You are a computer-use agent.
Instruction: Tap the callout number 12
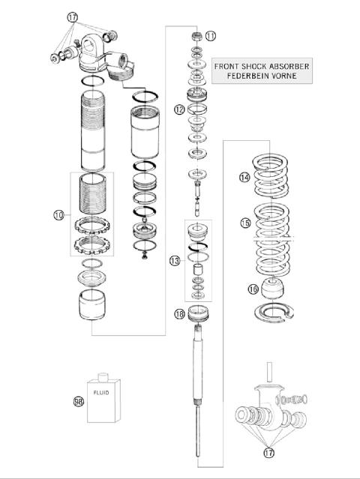(x=179, y=109)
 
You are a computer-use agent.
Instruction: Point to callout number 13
(x=175, y=261)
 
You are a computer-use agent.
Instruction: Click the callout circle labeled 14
(x=244, y=178)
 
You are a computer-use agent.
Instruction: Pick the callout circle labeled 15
(x=244, y=223)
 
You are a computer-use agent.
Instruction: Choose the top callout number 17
(x=72, y=16)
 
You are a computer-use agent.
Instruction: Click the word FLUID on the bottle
(x=101, y=390)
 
